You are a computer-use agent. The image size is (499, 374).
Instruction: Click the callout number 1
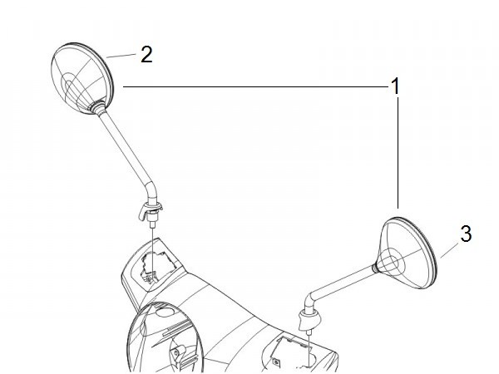coord(395,86)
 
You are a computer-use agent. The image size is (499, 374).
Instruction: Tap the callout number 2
coord(146,54)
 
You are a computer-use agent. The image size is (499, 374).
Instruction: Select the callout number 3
coord(466,234)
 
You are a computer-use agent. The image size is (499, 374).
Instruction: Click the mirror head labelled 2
coord(82,79)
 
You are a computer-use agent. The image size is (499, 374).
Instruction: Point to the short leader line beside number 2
coord(121,56)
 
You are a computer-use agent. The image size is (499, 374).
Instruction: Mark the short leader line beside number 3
coord(450,250)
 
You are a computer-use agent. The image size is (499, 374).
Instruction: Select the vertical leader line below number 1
coord(398,153)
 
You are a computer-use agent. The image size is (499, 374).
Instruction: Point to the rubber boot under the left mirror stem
coord(151,210)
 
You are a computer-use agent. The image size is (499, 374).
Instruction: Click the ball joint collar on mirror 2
coord(98,107)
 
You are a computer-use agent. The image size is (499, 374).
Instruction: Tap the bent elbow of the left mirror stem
coord(152,192)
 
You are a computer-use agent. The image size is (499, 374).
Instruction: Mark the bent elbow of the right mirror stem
coord(309,302)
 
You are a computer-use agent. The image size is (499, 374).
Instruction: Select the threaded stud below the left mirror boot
coord(153,224)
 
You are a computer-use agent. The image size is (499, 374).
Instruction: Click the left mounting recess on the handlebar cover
coord(156,264)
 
